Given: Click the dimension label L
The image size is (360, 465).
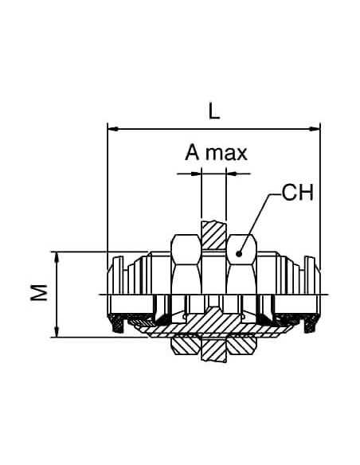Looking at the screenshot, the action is tap(214, 111).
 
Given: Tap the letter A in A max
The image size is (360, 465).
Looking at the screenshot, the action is tap(192, 153).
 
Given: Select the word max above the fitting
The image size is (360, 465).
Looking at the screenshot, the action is tap(226, 154).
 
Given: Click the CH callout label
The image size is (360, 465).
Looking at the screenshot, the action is tap(297, 192).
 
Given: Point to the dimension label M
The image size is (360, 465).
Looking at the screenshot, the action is tap(39, 292).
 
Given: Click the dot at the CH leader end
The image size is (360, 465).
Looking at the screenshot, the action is tap(239, 253).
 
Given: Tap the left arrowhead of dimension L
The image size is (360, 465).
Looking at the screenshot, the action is tap(113, 129).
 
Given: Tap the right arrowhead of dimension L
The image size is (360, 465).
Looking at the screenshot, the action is tap(315, 129).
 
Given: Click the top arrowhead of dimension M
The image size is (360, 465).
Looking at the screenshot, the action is tap(57, 257).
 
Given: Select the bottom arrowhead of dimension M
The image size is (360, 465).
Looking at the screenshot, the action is tap(57, 331).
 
